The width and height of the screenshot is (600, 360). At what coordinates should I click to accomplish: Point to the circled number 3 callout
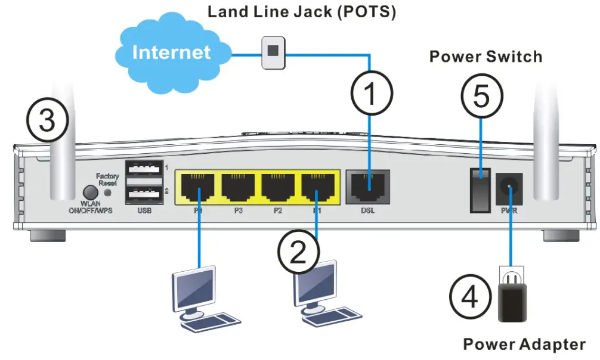[47, 119]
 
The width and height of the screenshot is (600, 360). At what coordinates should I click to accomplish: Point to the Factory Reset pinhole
[109, 193]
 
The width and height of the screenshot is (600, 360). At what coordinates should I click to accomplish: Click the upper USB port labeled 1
[144, 170]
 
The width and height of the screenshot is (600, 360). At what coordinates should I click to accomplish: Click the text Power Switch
[486, 57]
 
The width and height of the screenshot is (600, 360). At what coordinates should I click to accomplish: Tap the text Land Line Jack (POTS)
[301, 12]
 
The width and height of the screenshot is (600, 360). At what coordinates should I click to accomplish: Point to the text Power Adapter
[524, 344]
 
